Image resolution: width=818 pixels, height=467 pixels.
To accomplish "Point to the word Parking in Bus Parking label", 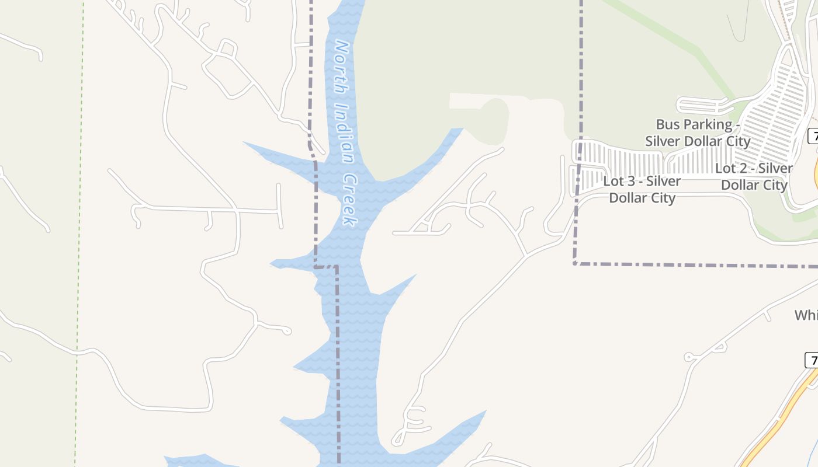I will coord(707,124).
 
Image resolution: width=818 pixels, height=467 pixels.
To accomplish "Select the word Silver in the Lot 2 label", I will coord(775,169).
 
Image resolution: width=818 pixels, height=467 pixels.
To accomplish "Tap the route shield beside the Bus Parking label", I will coord(813,136).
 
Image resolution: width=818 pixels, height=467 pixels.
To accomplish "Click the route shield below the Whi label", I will coord(812,360).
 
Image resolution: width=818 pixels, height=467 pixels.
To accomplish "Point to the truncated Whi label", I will coord(806,315).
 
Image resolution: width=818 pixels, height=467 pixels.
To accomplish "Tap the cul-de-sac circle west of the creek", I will coord(286,331).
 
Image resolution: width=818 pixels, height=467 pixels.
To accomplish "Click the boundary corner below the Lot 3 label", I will coord(575,264).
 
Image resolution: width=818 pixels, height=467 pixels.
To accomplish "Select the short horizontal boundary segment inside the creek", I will coord(326,267).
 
